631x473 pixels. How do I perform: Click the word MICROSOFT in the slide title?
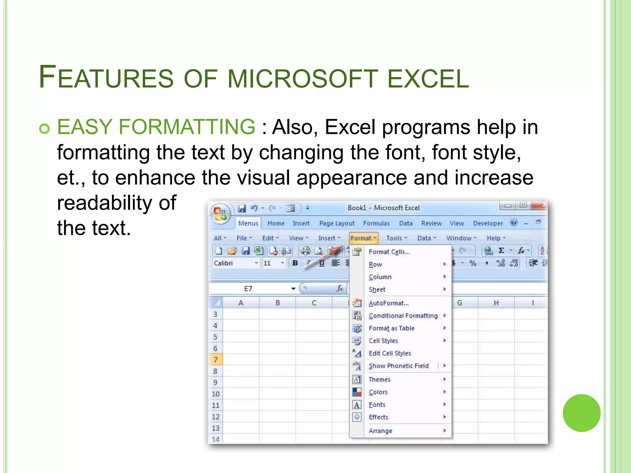pos(303,79)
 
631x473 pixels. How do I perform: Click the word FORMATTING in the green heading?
pos(187,127)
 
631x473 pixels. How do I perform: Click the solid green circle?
pos(581,413)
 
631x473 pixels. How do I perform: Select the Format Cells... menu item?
pos(389,252)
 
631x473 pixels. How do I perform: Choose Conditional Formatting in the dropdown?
pos(403,316)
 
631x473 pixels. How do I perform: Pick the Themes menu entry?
pos(379,379)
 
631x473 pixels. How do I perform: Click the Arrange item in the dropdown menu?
pos(380,431)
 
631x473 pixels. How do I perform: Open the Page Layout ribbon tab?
pos(337,223)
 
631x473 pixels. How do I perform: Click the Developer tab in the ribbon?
pos(488,223)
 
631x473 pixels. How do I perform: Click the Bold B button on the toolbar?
pos(295,263)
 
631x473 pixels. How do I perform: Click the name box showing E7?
pos(248,289)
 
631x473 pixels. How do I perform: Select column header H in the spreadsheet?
pos(496,303)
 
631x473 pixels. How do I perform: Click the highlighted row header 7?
pos(215,360)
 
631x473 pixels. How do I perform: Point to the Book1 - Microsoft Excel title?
pos(383,208)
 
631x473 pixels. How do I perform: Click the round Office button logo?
pos(220,213)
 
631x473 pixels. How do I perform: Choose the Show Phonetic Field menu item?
pos(398,366)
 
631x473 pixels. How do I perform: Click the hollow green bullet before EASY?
pos(45,128)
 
